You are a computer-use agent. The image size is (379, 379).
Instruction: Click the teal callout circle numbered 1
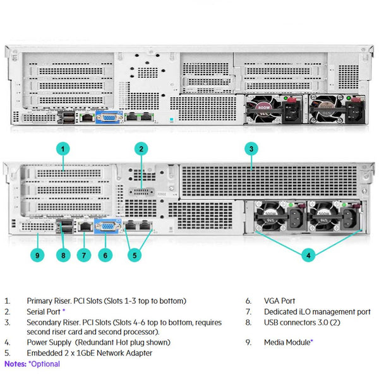(63, 149)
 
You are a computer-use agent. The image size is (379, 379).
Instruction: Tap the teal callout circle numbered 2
(142, 149)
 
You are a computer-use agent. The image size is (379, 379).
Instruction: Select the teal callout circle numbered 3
(251, 149)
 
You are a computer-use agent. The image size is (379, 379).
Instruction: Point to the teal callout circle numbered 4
(308, 255)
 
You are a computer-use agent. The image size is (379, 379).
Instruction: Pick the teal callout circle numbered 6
(105, 255)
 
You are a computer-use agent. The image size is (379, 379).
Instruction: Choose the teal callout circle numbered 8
(62, 255)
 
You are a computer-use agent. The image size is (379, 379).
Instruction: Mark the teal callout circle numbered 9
(38, 255)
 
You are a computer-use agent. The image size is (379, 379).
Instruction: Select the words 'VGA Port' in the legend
(279, 301)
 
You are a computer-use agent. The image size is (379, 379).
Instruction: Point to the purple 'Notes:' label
(15, 364)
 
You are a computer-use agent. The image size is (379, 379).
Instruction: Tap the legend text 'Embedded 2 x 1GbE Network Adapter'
(89, 353)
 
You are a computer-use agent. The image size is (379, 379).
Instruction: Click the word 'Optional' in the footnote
(45, 364)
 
